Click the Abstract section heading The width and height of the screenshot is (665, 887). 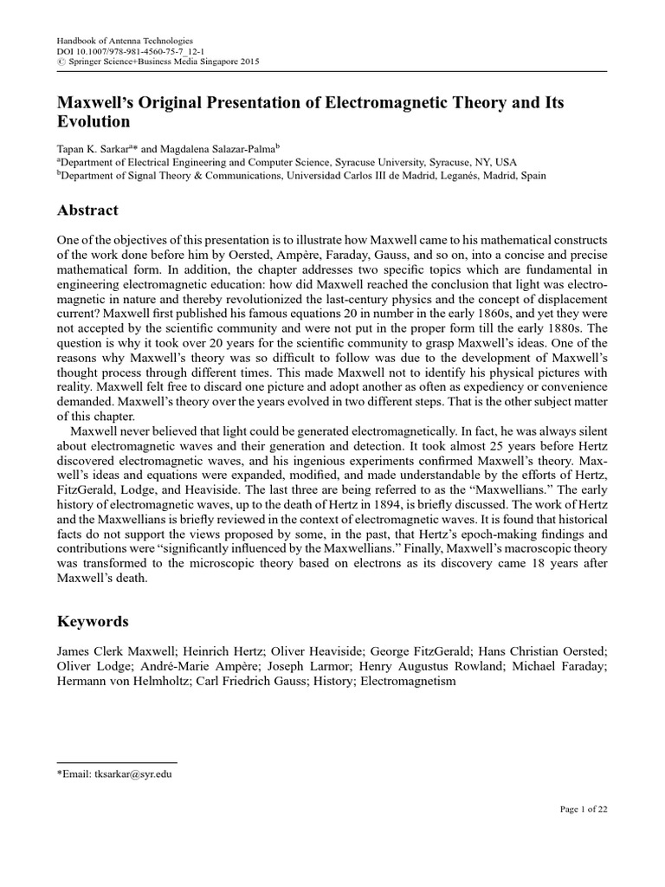point(87,210)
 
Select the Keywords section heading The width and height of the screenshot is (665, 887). point(93,621)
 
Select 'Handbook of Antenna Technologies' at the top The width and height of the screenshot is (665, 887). point(124,41)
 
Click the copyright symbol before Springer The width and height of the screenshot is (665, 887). point(60,63)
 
